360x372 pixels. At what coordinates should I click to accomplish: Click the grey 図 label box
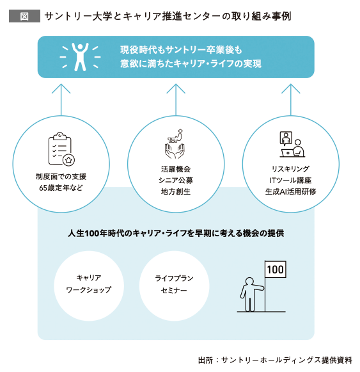click(24, 16)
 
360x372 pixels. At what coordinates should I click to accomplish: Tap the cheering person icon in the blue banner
click(80, 57)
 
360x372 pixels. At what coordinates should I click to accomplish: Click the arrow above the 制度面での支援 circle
click(61, 100)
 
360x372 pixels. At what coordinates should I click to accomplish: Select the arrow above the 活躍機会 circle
click(176, 100)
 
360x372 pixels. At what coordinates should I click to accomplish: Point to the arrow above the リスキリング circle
click(291, 100)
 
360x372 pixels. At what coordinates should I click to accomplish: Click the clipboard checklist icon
click(61, 149)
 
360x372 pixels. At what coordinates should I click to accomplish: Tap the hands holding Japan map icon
click(175, 144)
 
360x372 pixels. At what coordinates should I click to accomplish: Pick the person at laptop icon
click(292, 144)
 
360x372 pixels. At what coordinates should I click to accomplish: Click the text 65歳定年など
click(61, 188)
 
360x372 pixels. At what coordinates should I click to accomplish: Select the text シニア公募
click(176, 181)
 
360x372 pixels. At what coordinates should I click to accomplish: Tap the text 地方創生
click(176, 191)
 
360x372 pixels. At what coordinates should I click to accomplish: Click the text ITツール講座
click(290, 181)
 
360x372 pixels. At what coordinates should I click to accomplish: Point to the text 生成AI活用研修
click(290, 191)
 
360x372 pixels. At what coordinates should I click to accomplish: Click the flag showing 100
click(276, 270)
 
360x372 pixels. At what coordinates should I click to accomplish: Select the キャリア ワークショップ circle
click(89, 286)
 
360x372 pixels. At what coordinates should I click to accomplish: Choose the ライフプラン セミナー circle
click(174, 286)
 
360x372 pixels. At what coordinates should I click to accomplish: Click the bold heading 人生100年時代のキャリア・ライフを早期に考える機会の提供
click(176, 234)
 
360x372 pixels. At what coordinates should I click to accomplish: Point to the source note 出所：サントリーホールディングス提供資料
click(275, 360)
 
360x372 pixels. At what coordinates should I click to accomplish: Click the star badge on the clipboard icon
click(68, 160)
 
